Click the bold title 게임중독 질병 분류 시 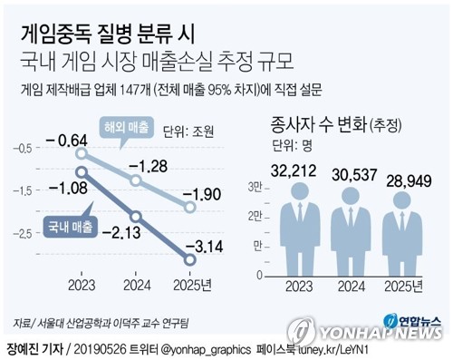click(x=106, y=34)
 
